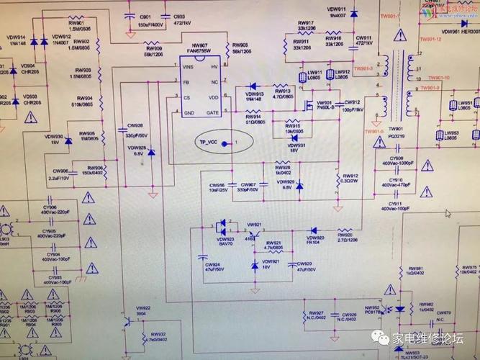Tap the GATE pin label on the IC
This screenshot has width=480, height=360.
(x=212, y=112)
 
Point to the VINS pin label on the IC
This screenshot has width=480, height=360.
(x=189, y=67)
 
